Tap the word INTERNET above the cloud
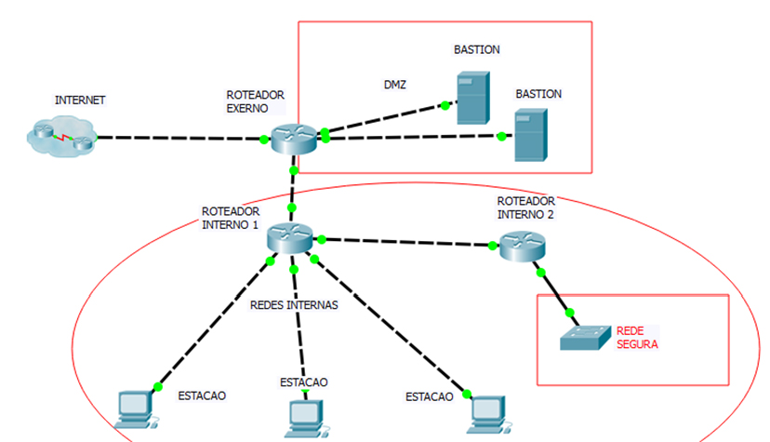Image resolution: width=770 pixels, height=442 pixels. click(80, 100)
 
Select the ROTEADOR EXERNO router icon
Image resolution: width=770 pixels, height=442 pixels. click(294, 137)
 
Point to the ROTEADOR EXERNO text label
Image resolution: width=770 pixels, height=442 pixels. click(255, 101)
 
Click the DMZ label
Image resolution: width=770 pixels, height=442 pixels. click(395, 86)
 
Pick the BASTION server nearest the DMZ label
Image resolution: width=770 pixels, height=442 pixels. click(471, 99)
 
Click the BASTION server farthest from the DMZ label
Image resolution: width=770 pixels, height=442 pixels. click(531, 136)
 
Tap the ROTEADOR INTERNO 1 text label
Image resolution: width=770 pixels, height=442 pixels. click(231, 218)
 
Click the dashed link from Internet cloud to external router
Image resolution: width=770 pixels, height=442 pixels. click(177, 139)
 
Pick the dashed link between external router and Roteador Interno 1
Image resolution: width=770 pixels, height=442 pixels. click(293, 191)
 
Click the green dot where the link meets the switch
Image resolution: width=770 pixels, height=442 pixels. click(570, 313)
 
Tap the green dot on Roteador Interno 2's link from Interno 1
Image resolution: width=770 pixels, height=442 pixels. click(493, 246)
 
